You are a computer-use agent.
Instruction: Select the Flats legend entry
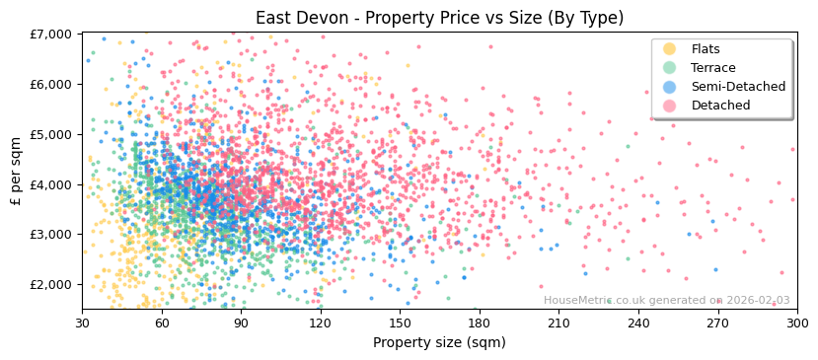(x=706, y=49)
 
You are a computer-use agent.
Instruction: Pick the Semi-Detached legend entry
(x=738, y=87)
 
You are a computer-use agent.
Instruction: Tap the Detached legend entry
(x=719, y=106)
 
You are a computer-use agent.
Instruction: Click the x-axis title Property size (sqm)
(x=439, y=343)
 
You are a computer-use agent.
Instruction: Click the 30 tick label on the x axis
(x=82, y=323)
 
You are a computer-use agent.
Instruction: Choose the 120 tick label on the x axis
(x=321, y=323)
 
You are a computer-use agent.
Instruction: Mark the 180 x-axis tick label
(x=480, y=323)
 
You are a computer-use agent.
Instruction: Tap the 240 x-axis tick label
(x=638, y=323)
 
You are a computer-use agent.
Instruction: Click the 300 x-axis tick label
(x=797, y=323)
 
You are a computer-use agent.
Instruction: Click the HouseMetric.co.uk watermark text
(x=666, y=301)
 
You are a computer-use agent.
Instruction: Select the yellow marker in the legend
(x=670, y=49)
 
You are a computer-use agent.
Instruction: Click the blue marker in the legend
(x=670, y=87)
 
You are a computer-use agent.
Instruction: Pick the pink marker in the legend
(x=670, y=106)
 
